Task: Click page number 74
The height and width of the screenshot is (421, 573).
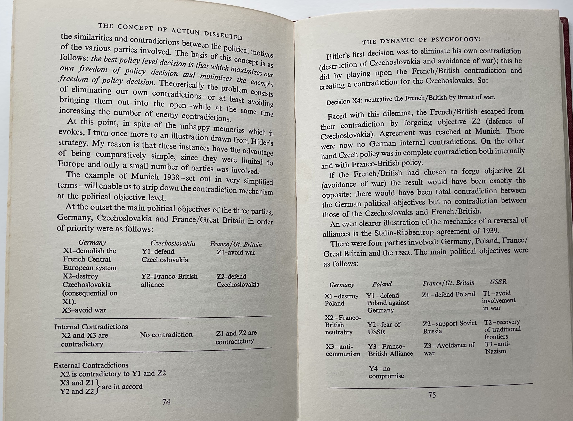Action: pyautogui.click(x=166, y=402)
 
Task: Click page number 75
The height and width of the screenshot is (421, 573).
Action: pyautogui.click(x=432, y=395)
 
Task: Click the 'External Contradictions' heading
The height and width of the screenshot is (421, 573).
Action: pyautogui.click(x=91, y=365)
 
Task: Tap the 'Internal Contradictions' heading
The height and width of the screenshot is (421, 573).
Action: pyautogui.click(x=91, y=327)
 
